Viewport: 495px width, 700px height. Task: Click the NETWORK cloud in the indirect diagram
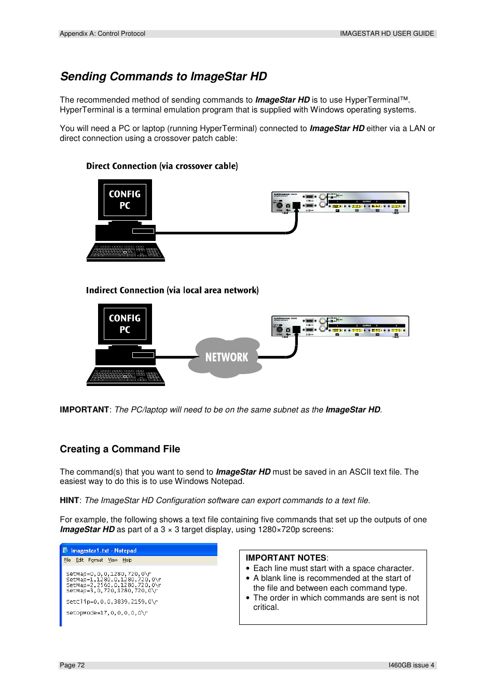[x=226, y=357]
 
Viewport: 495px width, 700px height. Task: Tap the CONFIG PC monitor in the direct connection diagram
[x=125, y=200]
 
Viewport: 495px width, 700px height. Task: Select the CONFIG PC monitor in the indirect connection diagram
[x=125, y=324]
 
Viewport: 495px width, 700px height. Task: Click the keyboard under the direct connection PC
[x=126, y=252]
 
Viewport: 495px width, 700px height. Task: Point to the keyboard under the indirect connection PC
[x=126, y=377]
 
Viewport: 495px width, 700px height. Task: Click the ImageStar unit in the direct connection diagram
[x=340, y=202]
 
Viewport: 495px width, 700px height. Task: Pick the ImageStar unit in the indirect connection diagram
[x=340, y=326]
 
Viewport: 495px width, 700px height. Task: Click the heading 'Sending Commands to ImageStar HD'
[x=163, y=77]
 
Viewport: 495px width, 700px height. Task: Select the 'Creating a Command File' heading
[x=120, y=449]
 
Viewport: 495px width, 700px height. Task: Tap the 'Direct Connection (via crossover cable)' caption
[x=162, y=166]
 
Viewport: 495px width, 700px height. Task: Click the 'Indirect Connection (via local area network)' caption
[x=172, y=291]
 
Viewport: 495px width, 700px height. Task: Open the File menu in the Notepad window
[x=67, y=560]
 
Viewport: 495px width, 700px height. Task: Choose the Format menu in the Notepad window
[x=95, y=560]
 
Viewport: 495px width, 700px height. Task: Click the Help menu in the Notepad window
[x=127, y=560]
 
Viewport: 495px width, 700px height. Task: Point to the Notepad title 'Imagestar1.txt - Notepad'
[x=104, y=551]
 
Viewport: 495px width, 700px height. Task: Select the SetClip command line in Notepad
[x=112, y=602]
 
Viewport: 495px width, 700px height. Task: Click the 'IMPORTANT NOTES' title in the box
[x=286, y=558]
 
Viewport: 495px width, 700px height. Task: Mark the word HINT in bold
[x=69, y=501]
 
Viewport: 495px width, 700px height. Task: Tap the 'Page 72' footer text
[x=72, y=665]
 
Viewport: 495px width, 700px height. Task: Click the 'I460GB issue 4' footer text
[x=411, y=665]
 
